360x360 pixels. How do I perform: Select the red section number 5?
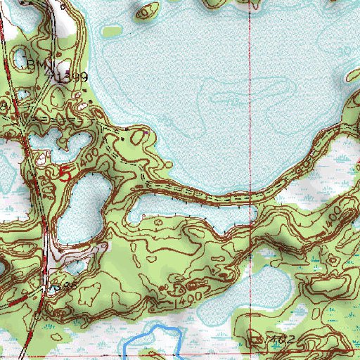pyautogui.click(x=65, y=173)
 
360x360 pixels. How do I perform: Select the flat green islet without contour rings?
pyautogui.click(x=112, y=31)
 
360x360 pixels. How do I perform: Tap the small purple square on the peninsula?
pyautogui.click(x=146, y=131)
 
